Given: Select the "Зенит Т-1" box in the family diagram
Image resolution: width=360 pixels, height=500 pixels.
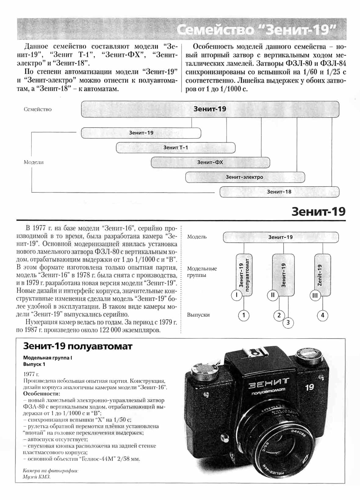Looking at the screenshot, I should tap(175, 148).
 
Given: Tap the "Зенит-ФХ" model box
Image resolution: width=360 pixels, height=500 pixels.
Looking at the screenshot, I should tap(210, 162).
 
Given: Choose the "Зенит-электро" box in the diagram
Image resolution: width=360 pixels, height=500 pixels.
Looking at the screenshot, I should tap(245, 177).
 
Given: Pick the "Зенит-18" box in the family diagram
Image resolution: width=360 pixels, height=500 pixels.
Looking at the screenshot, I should tap(279, 192).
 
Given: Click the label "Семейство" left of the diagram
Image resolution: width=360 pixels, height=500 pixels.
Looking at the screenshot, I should tap(38, 109).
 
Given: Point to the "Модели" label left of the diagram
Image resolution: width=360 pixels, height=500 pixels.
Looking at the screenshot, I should tap(34, 162).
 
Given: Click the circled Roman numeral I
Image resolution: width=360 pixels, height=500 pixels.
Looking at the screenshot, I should tap(236, 295).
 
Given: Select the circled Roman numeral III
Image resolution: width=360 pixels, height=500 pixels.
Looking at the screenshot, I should tap(315, 295).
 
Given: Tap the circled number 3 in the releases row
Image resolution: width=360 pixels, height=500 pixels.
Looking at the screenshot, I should tap(288, 323).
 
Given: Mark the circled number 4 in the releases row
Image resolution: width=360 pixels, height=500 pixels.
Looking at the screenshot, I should tap(322, 315).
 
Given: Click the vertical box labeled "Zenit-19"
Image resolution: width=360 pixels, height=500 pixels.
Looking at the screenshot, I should tap(322, 275).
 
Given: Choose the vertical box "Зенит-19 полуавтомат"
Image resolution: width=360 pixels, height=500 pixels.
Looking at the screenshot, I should tap(244, 273).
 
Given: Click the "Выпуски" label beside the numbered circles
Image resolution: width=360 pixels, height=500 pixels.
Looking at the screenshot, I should tap(198, 315).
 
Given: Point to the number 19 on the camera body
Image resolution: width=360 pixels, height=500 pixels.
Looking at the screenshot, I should tap(309, 387).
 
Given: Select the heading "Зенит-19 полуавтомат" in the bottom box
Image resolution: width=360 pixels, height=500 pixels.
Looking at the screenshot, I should tap(78, 346).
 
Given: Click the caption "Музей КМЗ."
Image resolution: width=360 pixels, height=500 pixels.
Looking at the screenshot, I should tap(37, 477).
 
